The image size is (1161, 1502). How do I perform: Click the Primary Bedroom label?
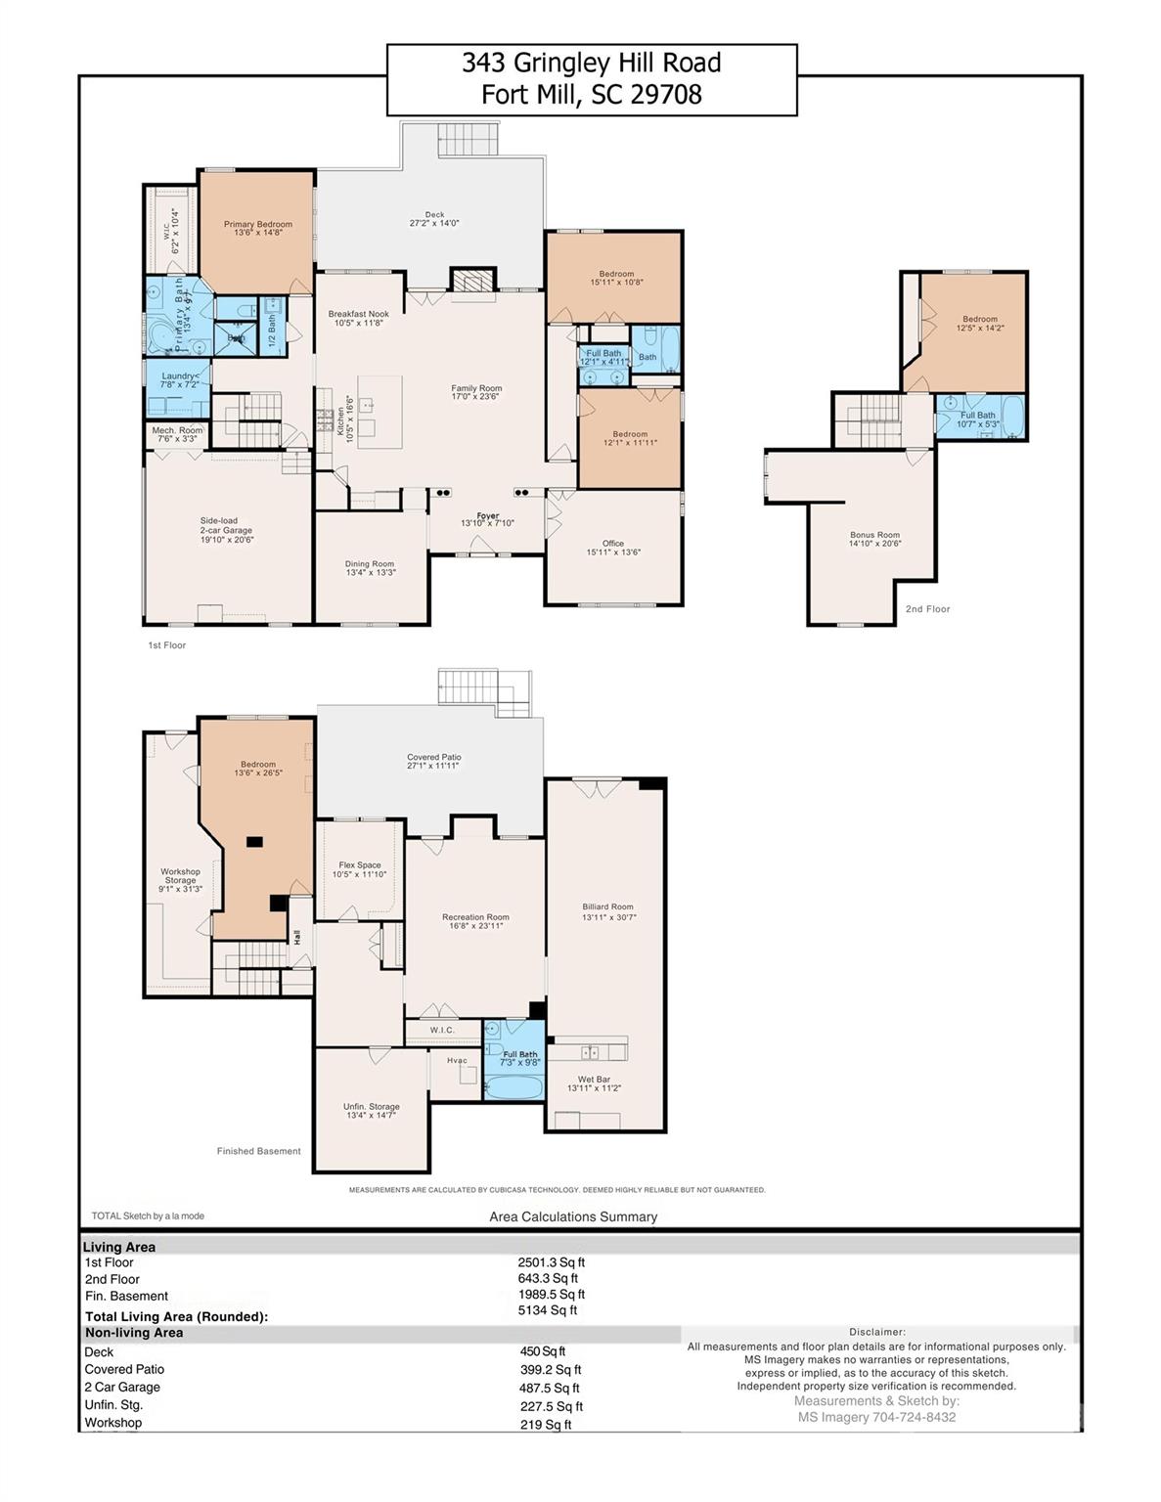(257, 228)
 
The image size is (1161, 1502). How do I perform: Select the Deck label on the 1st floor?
(434, 218)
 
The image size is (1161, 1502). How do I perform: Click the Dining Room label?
(370, 567)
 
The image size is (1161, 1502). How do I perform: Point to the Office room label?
(613, 547)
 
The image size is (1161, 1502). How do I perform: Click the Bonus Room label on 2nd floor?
(874, 539)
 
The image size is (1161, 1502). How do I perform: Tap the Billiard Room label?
(607, 911)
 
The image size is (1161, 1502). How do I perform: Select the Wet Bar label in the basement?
(594, 1083)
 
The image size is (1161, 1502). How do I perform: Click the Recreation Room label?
(475, 921)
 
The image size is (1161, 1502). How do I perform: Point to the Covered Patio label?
(433, 761)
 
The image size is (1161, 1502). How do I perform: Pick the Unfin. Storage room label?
(371, 1110)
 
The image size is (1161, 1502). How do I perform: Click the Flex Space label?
(360, 869)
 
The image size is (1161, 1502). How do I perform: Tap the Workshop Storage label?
(180, 880)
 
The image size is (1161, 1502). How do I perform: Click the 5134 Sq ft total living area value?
(548, 1310)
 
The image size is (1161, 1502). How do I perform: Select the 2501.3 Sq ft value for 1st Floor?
(552, 1262)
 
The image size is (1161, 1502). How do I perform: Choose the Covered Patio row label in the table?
(124, 1369)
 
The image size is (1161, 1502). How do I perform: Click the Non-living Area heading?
(134, 1333)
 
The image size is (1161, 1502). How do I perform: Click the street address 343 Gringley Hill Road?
(592, 64)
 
